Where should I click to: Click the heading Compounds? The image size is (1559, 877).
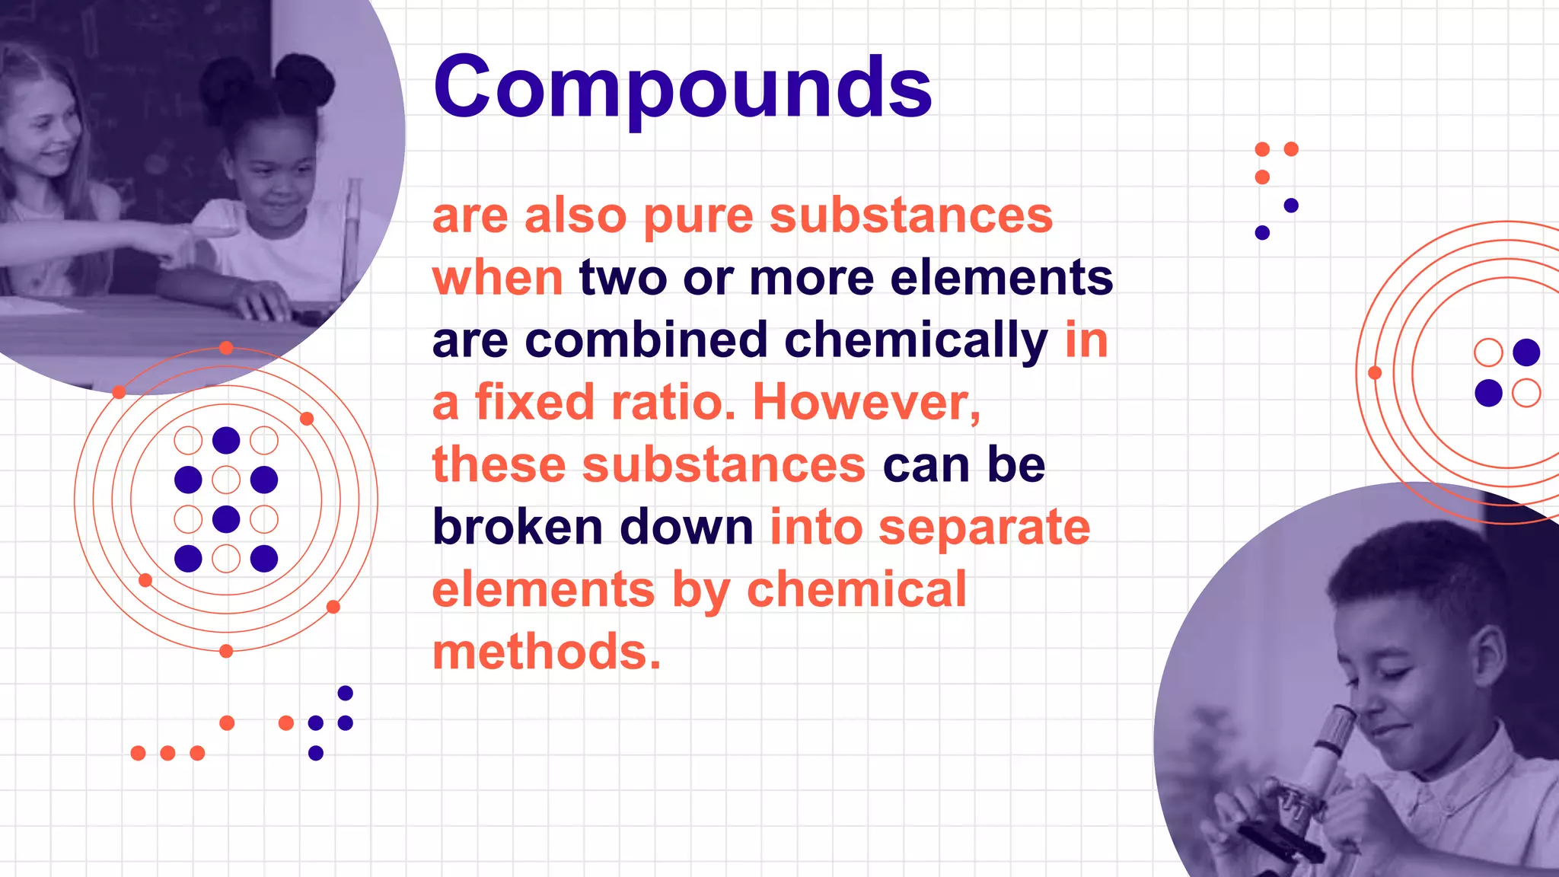click(682, 88)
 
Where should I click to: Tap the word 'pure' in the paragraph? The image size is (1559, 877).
click(698, 217)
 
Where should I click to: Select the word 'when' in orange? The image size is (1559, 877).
click(497, 278)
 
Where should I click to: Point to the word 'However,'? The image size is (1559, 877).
click(866, 403)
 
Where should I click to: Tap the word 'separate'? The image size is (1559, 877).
click(984, 528)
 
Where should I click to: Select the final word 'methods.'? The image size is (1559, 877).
click(547, 652)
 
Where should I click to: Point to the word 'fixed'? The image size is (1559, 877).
click(534, 403)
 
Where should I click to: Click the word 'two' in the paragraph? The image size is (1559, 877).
click(623, 278)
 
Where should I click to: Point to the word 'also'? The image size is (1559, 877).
click(575, 217)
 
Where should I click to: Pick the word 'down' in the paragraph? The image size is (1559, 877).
click(686, 527)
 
